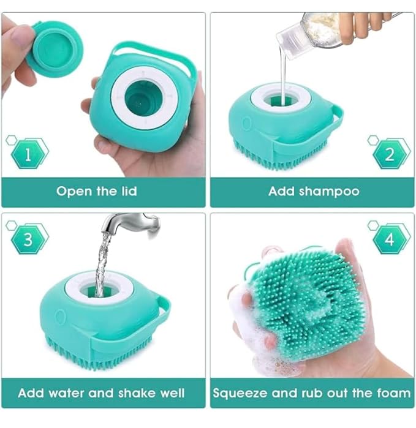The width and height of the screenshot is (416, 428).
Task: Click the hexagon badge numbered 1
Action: (28, 154)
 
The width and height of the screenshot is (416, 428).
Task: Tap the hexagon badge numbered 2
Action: (390, 154)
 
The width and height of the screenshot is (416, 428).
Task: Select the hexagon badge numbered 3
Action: (28, 240)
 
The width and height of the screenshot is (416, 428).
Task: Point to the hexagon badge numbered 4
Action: (390, 240)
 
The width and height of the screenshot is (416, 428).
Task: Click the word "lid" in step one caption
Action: (129, 191)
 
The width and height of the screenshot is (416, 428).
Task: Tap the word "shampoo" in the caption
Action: (329, 192)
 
